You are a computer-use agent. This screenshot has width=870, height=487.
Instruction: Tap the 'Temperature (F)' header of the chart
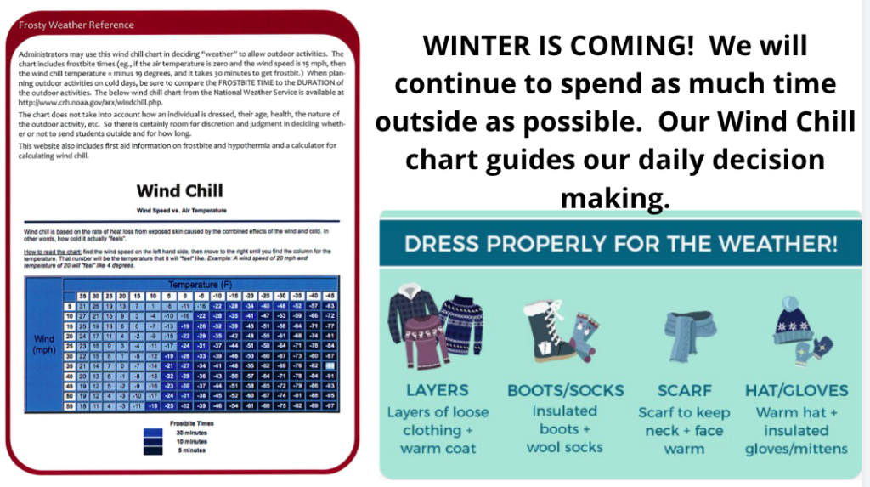202,283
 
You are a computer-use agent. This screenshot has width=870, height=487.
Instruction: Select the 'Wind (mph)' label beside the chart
43,343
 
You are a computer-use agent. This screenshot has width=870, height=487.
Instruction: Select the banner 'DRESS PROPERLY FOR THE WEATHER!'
621,244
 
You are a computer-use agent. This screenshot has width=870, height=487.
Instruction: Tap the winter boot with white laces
544,328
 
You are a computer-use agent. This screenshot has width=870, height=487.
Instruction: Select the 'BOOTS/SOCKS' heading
565,390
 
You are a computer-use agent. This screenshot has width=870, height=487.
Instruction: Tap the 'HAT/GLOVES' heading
796,390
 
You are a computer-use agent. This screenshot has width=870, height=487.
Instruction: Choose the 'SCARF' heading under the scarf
684,390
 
